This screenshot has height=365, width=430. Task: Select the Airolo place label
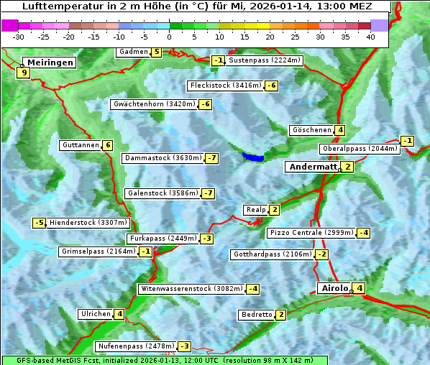point(334,288)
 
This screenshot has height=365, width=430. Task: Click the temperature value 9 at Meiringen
point(24,73)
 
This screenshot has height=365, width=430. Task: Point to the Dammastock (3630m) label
point(163,158)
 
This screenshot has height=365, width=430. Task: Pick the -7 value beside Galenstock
point(209,193)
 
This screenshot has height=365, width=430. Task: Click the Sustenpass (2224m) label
point(264,60)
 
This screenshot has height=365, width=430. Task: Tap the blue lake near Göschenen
point(252,156)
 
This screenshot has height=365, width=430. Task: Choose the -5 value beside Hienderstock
point(40,223)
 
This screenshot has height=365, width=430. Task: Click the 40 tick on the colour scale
point(370,37)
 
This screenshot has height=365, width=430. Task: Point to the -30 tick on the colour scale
point(19,37)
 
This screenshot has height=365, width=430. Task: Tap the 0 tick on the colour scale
point(170,37)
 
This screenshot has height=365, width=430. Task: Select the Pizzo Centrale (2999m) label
point(311,233)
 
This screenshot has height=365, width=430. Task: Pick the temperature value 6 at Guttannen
point(108,145)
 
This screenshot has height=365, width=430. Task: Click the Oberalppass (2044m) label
point(360,149)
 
